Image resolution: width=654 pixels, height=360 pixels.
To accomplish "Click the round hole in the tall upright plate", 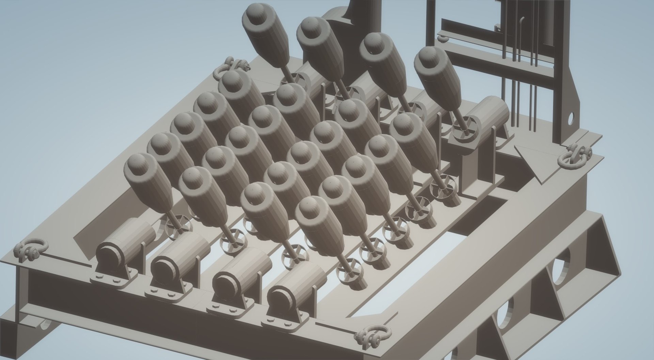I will tap(570, 119).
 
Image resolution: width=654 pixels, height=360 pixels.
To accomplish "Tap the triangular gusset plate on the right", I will tap(531, 160).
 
